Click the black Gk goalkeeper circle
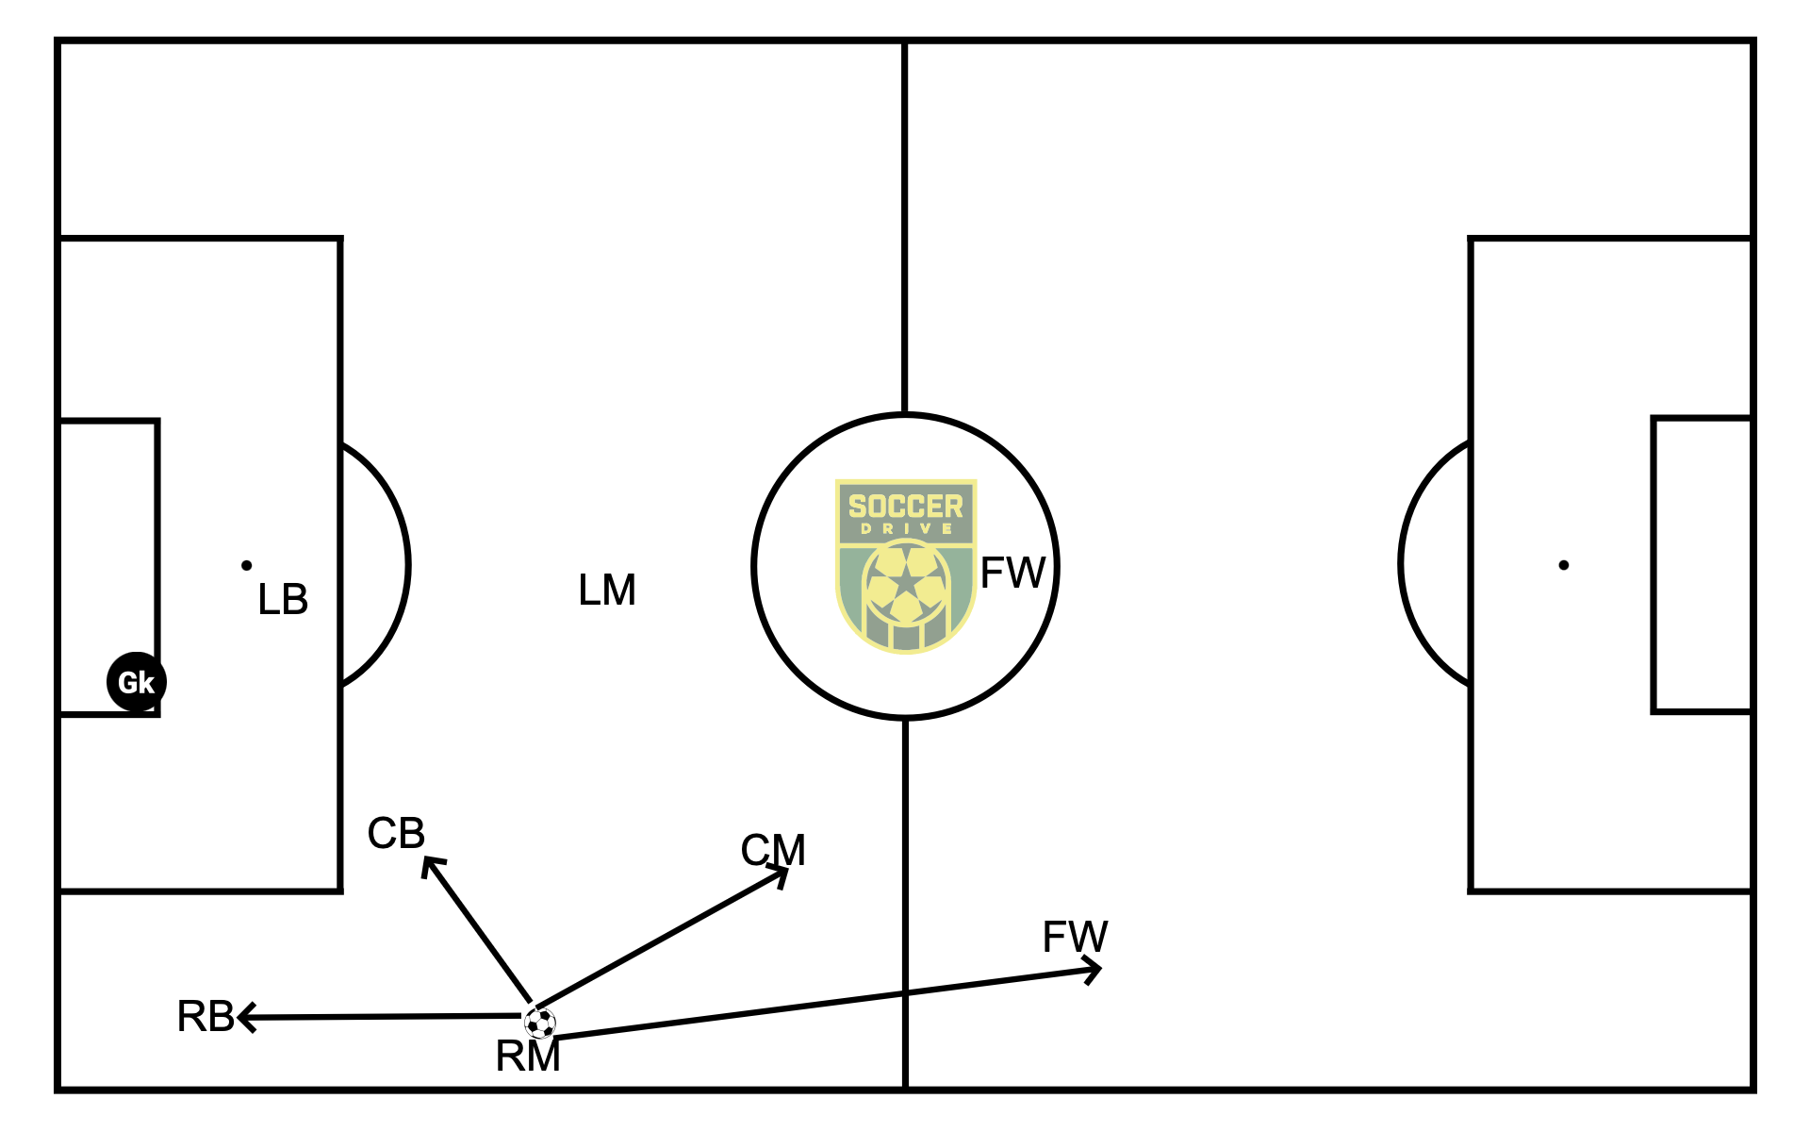(137, 681)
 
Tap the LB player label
(283, 600)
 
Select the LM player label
(607, 591)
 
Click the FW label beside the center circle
(1012, 573)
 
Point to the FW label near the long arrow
(1075, 937)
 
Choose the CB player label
(396, 833)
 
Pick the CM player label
(773, 850)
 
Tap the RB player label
(206, 1016)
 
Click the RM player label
(528, 1057)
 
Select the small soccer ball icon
(540, 1023)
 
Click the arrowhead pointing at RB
(245, 1017)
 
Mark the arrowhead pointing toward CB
(430, 864)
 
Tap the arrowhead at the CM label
(782, 875)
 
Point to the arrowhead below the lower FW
(1094, 970)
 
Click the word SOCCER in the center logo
(905, 507)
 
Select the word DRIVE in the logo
(906, 529)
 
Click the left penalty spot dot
(247, 566)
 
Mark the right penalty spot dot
(1564, 566)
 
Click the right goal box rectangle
(1703, 564)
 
